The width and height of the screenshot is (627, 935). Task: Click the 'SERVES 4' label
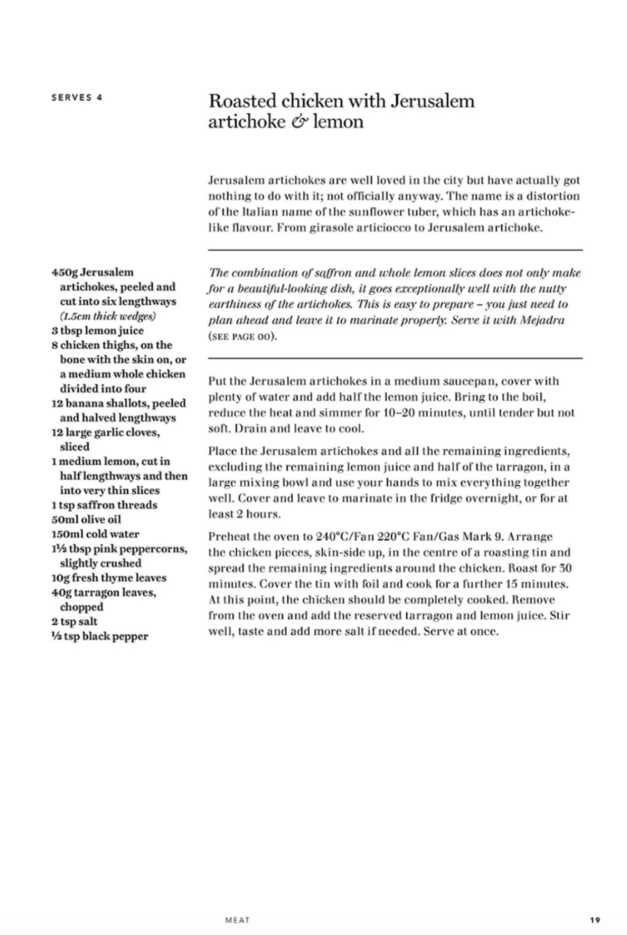tap(77, 98)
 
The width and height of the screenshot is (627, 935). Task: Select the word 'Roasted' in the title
tap(242, 101)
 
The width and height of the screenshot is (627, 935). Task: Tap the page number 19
tap(595, 920)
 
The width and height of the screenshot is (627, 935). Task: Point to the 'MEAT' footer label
tap(237, 920)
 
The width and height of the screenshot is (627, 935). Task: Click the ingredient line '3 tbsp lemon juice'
tap(97, 331)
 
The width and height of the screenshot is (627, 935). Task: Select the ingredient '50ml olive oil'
tap(86, 520)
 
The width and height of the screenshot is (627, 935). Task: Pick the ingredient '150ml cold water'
tap(95, 534)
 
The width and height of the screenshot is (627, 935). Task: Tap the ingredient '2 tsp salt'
tap(74, 622)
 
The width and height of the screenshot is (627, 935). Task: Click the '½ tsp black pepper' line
tap(99, 636)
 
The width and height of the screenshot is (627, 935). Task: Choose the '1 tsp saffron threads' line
tap(104, 505)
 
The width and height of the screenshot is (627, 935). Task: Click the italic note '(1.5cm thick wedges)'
tap(108, 316)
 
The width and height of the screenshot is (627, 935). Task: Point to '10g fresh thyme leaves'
tap(109, 578)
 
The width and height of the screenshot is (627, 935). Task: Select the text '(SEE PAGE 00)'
tap(242, 337)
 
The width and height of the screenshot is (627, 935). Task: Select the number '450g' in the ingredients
tap(64, 272)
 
